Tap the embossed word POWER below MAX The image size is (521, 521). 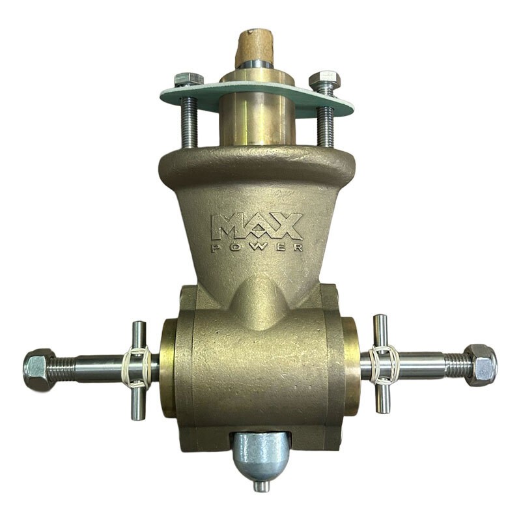(257, 247)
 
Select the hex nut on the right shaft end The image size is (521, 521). (481, 365)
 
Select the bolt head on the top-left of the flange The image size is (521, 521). (188, 80)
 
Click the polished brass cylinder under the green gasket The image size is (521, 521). (257, 120)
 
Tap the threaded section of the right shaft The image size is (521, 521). (455, 365)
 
